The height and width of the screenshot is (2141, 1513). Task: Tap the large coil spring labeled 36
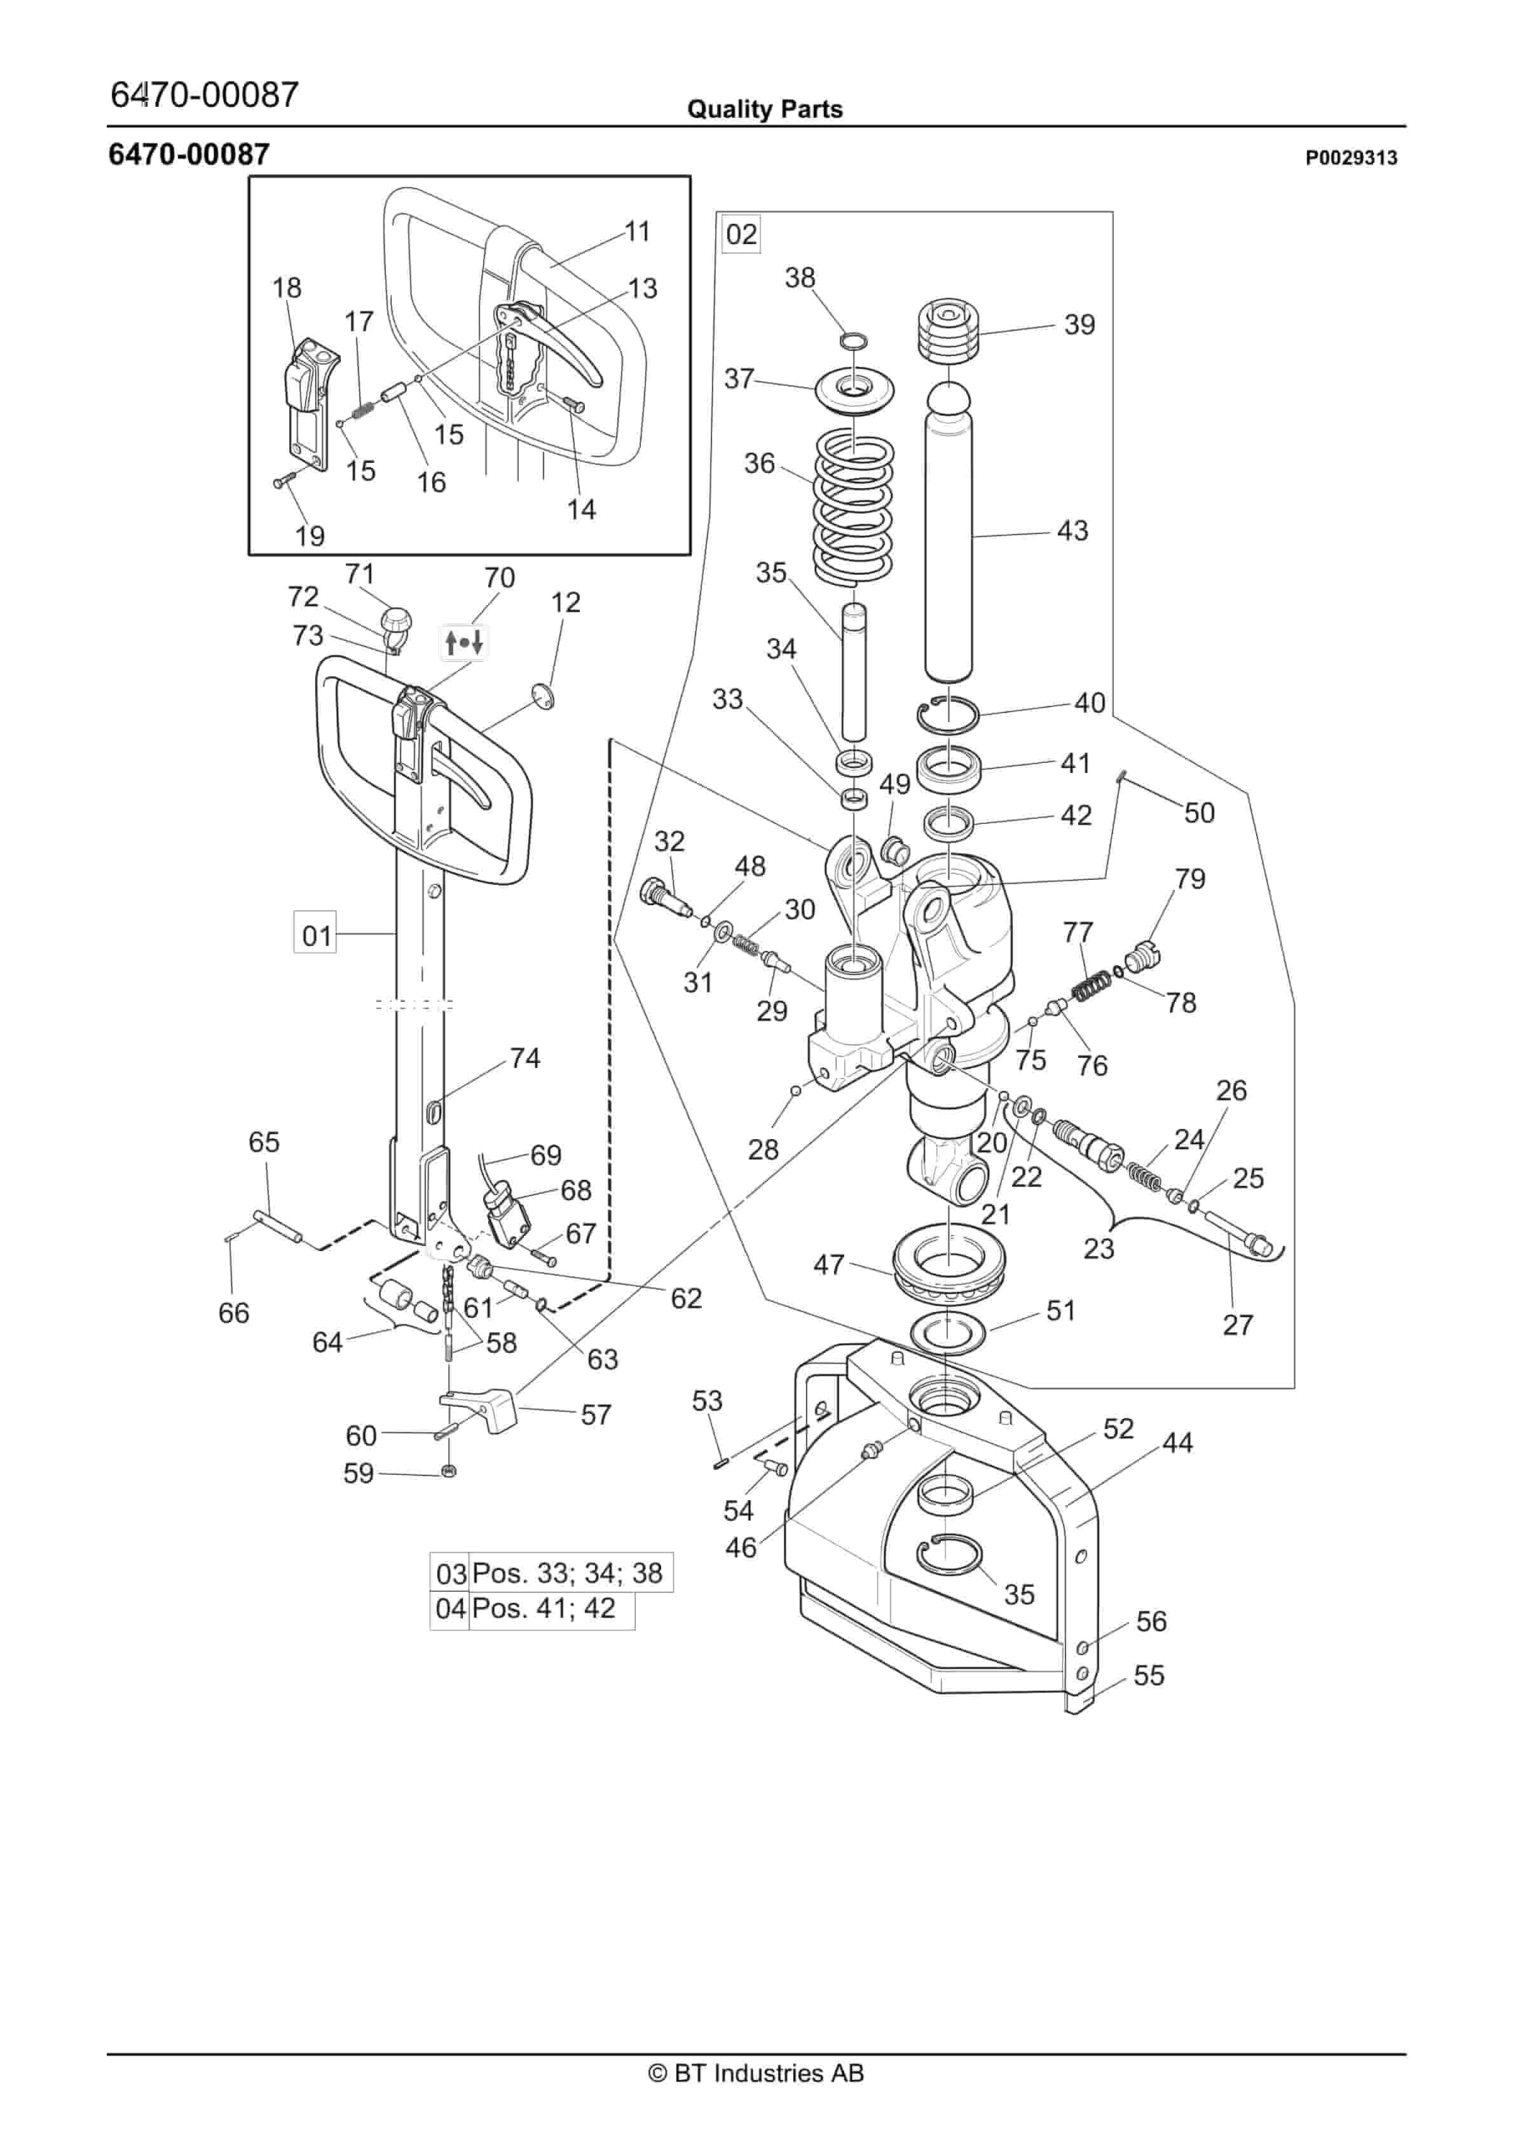[856, 508]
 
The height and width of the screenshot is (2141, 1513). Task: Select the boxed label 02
[742, 234]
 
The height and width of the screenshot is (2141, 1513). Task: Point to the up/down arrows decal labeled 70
[463, 643]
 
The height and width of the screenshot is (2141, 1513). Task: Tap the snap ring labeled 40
[947, 715]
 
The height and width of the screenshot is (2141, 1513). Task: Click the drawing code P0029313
[1351, 158]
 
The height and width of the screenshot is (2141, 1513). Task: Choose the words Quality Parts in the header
[764, 109]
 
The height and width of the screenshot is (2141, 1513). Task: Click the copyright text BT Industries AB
[756, 2073]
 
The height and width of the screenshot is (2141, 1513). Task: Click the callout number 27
[1238, 1324]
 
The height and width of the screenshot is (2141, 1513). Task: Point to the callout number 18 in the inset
[286, 287]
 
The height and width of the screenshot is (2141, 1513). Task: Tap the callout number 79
[1189, 879]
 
